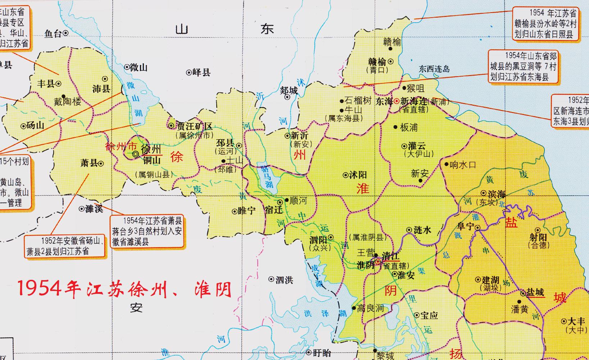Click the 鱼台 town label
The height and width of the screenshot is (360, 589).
53,33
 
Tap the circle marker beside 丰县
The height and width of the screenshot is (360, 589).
58,83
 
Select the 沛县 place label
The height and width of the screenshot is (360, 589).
101,88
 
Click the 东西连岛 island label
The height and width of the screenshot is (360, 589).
434,69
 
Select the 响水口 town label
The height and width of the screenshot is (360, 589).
463,165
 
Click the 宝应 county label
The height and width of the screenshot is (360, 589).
429,315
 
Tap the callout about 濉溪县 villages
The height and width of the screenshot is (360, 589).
147,231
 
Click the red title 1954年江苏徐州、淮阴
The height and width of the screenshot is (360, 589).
124,289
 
